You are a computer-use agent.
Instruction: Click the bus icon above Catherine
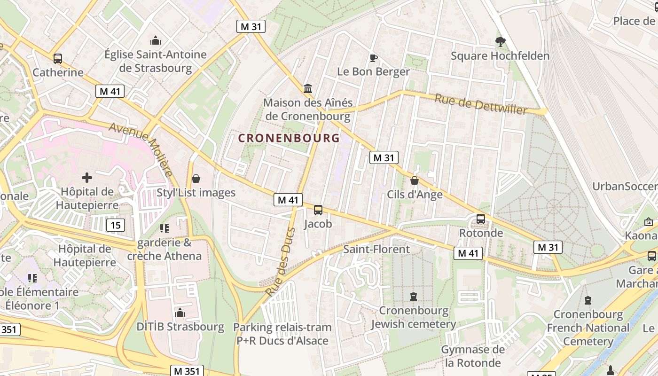[58, 59]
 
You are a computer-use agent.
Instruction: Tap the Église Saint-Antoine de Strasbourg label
[156, 61]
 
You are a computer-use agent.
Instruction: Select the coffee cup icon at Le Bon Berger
[374, 58]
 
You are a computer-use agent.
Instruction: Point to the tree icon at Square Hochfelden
[500, 42]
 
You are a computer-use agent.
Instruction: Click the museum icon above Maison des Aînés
[308, 88]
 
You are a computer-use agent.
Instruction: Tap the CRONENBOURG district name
[289, 138]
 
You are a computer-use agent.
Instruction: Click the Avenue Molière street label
[141, 149]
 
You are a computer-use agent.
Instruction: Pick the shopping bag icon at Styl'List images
[196, 179]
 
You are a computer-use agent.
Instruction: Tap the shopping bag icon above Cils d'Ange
[415, 180]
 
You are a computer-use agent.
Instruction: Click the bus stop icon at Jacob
[318, 210]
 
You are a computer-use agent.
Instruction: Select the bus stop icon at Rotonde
[481, 219]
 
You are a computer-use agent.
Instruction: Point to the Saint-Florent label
[376, 249]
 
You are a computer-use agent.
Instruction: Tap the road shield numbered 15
[116, 225]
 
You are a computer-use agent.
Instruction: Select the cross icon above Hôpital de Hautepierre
[87, 178]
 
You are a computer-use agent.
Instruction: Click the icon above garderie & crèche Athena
[164, 228]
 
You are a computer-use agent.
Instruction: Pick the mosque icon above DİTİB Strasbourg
[180, 313]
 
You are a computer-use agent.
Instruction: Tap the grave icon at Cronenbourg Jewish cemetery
[414, 297]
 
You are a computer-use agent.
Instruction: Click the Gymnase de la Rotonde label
[473, 356]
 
